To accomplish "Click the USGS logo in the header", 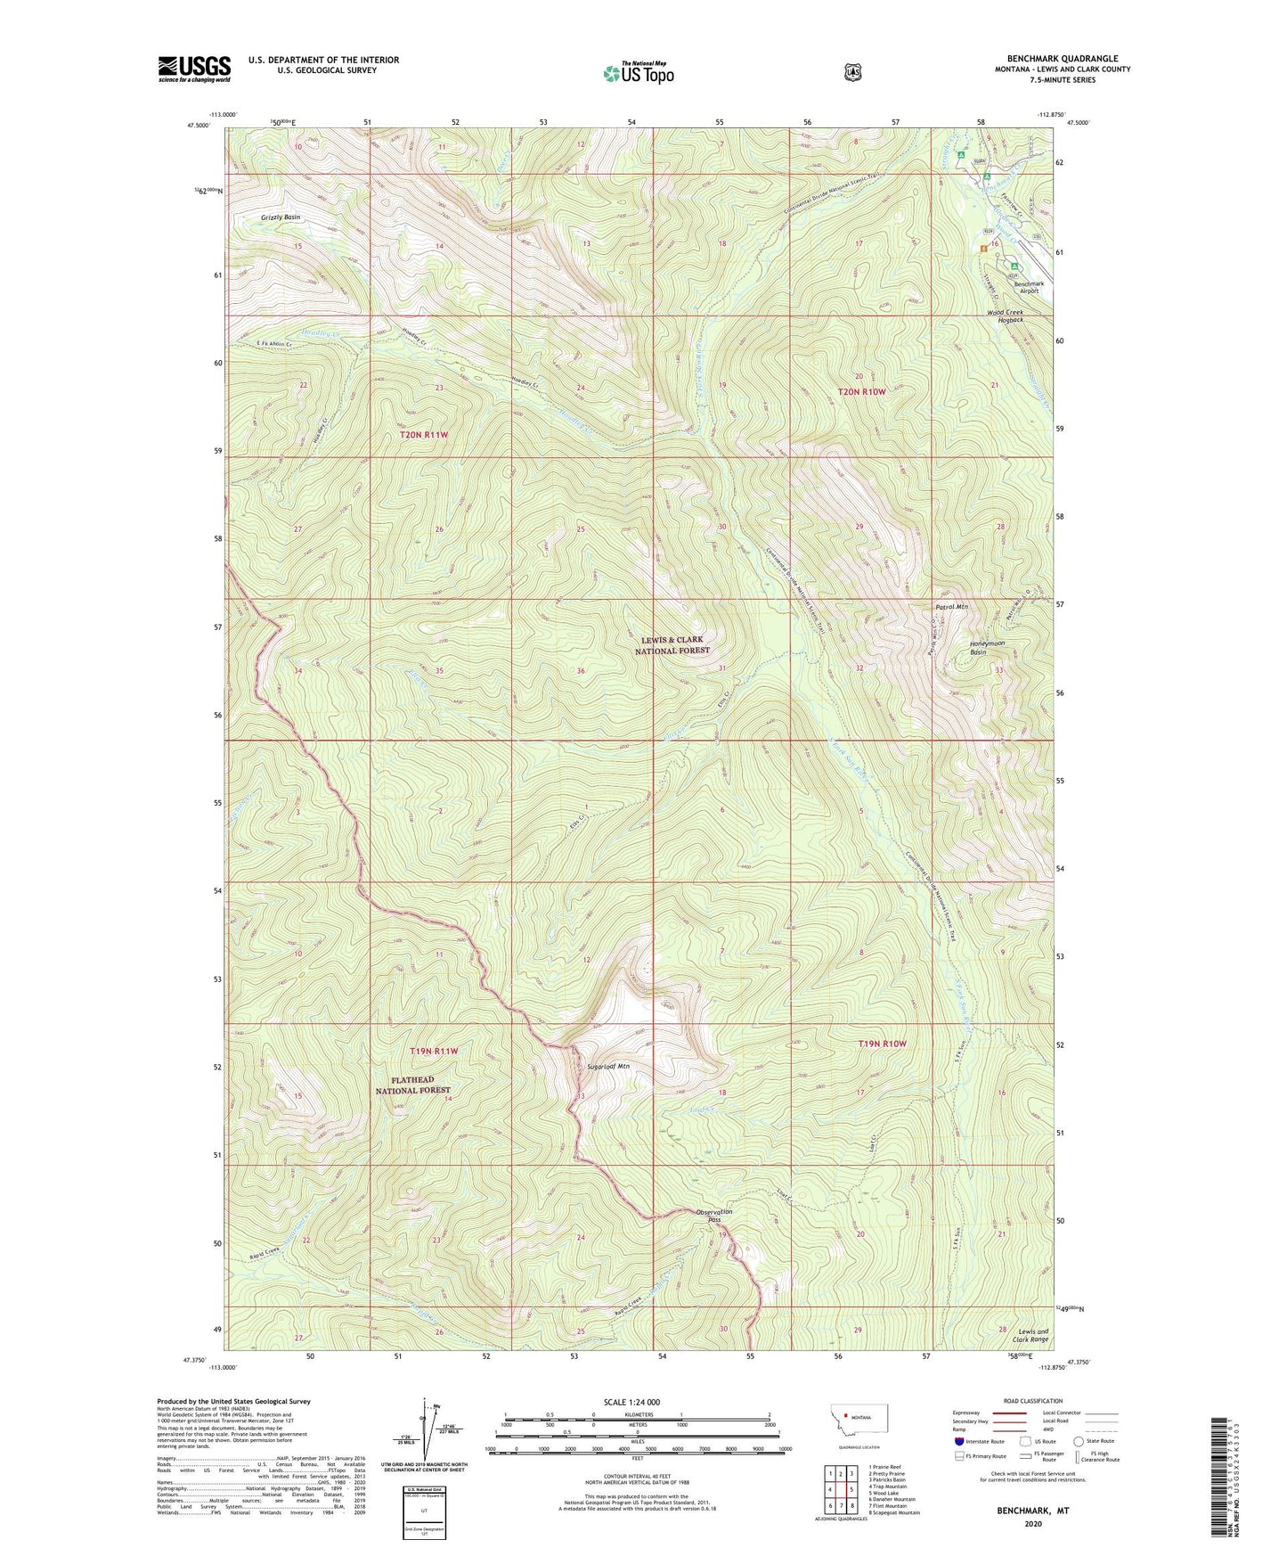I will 194,69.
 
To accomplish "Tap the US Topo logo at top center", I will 638,73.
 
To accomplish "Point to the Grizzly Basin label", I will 281,217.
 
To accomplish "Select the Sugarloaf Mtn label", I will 608,1066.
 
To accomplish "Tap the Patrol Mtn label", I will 951,606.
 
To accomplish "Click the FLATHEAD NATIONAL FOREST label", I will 412,1085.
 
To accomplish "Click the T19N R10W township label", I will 882,1043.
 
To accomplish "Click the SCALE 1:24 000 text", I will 631,1402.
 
